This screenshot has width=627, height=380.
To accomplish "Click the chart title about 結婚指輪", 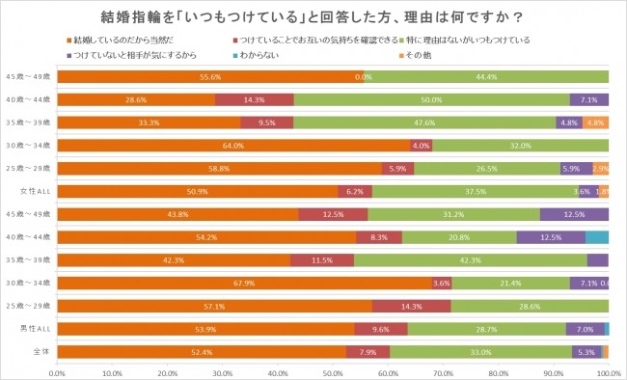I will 313,16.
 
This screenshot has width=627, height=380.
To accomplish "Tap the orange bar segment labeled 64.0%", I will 233,146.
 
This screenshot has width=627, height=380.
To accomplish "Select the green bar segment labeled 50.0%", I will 431,99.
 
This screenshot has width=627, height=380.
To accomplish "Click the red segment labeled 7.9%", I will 368,352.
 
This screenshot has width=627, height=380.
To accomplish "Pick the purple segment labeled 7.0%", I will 585,329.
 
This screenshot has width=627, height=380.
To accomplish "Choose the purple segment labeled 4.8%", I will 569,122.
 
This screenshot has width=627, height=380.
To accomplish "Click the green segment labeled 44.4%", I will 486,76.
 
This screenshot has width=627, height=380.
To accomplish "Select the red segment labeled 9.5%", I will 267,122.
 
